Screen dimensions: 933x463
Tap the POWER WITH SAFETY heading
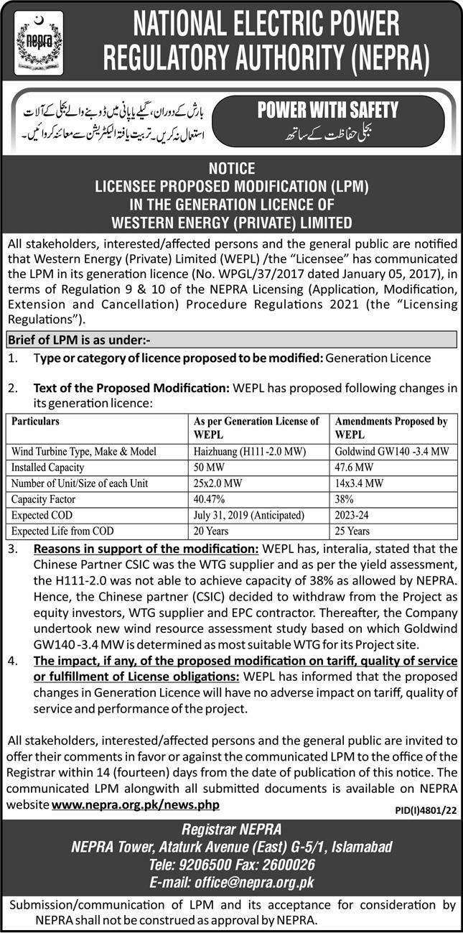[x=327, y=110]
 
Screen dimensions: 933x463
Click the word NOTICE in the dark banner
[x=231, y=169]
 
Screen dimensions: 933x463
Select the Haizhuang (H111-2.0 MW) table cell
[x=238, y=452]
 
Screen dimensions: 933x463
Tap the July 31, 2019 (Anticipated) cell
[x=249, y=515]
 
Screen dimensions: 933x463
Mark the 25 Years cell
[x=352, y=531]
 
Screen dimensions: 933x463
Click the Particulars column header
[x=35, y=422]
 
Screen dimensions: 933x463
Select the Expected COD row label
[x=42, y=515]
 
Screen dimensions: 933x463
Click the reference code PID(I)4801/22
[x=425, y=810]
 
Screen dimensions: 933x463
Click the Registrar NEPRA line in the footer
[x=231, y=831]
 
